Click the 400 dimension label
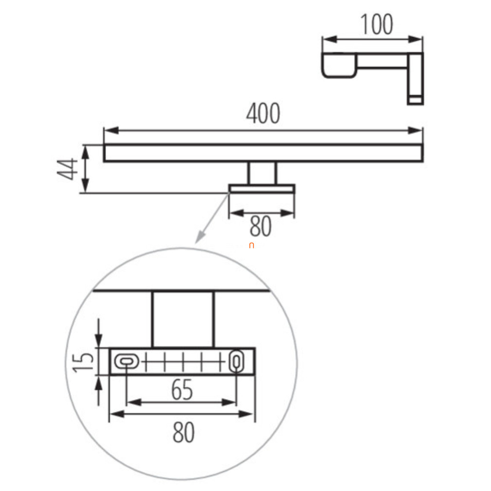[x=263, y=113]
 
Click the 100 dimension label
[x=377, y=24]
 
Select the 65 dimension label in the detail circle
[x=182, y=390]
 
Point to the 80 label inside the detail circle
[x=183, y=433]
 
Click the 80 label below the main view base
[x=261, y=226]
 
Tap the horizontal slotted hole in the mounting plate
[x=126, y=362]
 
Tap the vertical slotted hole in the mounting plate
[x=236, y=362]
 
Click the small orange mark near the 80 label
[x=251, y=246]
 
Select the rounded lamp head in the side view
[x=339, y=65]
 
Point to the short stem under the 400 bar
[x=262, y=173]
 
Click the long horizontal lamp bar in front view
[x=263, y=153]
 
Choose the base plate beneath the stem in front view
[x=262, y=189]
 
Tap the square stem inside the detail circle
[x=183, y=319]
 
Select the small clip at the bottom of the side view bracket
[x=415, y=100]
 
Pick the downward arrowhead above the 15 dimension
[x=99, y=341]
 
